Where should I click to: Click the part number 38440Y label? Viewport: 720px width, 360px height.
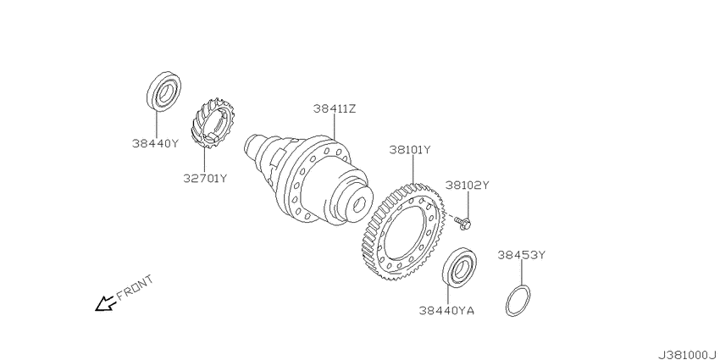pyautogui.click(x=155, y=143)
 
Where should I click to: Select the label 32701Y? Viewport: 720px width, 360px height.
pyautogui.click(x=205, y=178)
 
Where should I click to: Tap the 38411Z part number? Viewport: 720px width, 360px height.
pyautogui.click(x=335, y=108)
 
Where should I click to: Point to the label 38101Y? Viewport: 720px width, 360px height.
pyautogui.click(x=410, y=150)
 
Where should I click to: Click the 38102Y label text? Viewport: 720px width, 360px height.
pyautogui.click(x=467, y=185)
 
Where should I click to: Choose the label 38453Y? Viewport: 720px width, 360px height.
pyautogui.click(x=521, y=255)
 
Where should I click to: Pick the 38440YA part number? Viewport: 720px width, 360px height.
pyautogui.click(x=446, y=311)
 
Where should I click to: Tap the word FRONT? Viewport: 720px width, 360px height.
pyautogui.click(x=134, y=288)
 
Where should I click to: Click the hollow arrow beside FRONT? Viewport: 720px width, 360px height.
pyautogui.click(x=104, y=303)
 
